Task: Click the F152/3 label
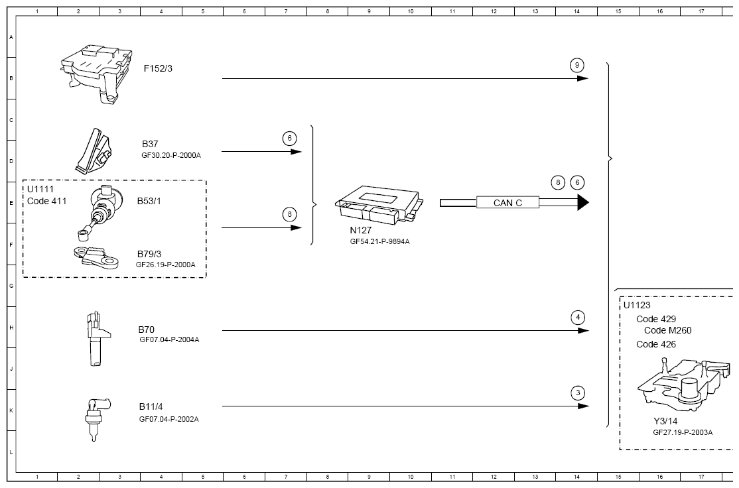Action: [x=158, y=68]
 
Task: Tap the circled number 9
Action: [x=577, y=65]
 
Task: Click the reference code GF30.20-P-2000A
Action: [x=170, y=155]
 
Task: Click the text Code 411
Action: [x=47, y=201]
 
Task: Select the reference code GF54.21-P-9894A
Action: [x=379, y=242]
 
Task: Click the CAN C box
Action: [x=507, y=203]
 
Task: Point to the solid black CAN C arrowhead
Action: [x=582, y=202]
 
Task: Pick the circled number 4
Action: [x=578, y=317]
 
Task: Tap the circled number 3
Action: [x=578, y=393]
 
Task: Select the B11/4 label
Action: [x=151, y=406]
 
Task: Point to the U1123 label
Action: [x=637, y=305]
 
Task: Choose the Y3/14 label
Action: [x=665, y=421]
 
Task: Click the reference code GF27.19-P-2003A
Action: [x=682, y=432]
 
